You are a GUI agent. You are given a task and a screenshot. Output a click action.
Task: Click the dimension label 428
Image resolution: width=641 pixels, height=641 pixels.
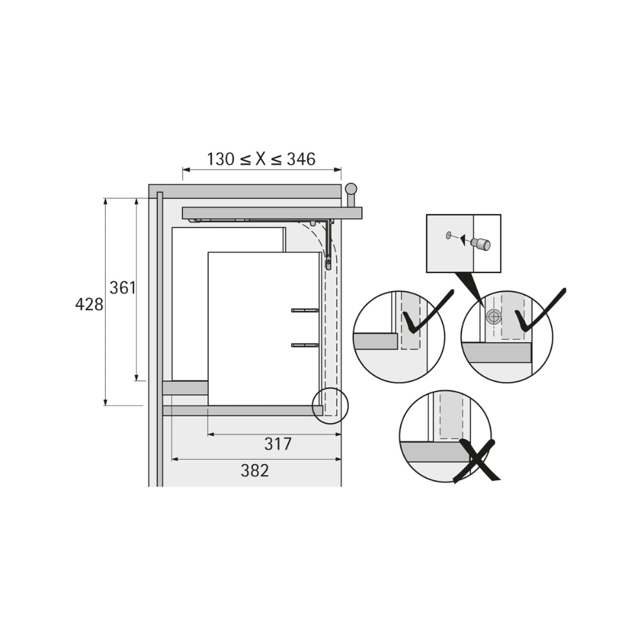click(89, 304)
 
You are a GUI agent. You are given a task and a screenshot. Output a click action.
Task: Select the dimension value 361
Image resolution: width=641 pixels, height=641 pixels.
click(122, 288)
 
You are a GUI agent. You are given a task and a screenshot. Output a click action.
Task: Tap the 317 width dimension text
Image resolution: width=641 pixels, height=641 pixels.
click(278, 444)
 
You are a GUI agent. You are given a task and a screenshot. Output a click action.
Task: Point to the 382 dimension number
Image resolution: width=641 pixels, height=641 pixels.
click(254, 470)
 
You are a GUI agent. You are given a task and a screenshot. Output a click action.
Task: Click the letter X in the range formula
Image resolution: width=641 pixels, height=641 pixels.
click(262, 158)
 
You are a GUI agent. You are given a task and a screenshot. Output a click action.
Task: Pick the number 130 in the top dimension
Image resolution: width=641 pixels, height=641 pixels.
click(221, 158)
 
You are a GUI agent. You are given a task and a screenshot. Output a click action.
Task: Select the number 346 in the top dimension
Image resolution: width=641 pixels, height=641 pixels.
click(301, 158)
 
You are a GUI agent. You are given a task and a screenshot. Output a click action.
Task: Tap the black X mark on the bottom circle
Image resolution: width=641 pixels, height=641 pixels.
click(477, 461)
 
